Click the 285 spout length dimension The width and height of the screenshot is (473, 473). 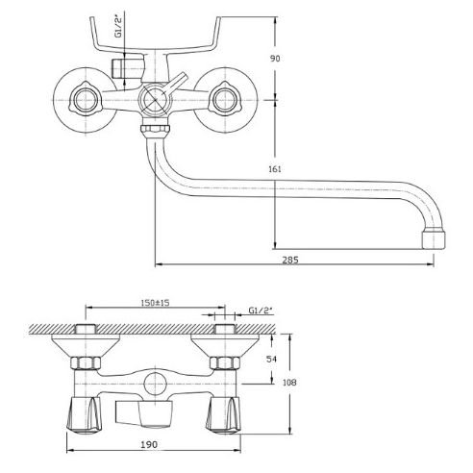(x=290, y=260)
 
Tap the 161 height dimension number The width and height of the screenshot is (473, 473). (x=275, y=169)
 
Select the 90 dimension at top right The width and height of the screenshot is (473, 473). (x=275, y=59)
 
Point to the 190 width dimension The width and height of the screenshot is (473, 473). (x=149, y=444)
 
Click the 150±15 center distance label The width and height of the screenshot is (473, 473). (x=155, y=303)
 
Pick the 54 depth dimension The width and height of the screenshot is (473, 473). (x=271, y=359)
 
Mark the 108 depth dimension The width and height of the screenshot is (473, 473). (x=289, y=383)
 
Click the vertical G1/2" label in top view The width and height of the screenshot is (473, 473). (x=118, y=28)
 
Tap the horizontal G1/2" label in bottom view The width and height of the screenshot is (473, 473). (x=261, y=311)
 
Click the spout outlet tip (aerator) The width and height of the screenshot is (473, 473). (x=434, y=237)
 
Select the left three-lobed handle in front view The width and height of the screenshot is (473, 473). (x=86, y=99)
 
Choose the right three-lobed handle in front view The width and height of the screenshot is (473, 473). (x=226, y=99)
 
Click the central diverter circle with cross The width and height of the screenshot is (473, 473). (x=155, y=99)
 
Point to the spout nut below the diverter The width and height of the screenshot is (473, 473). (x=155, y=130)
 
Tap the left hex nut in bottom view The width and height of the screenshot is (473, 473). (x=86, y=362)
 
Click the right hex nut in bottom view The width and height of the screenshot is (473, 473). (x=225, y=362)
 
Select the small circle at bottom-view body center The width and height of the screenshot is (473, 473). (x=155, y=384)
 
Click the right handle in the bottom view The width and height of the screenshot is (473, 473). (x=223, y=415)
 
